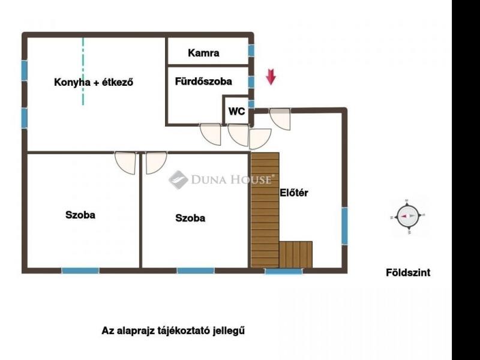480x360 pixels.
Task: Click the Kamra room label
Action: click(x=203, y=53)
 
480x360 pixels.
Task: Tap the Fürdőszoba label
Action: click(x=203, y=82)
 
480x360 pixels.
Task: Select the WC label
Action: click(x=236, y=111)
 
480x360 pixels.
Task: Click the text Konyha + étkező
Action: click(x=93, y=83)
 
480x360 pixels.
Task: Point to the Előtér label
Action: click(x=294, y=193)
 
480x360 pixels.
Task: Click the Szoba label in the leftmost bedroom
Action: click(x=80, y=215)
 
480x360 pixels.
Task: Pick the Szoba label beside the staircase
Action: click(x=190, y=218)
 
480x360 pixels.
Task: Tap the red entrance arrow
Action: click(x=271, y=77)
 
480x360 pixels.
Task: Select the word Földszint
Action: click(x=407, y=272)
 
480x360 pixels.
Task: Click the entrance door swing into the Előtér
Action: click(x=280, y=118)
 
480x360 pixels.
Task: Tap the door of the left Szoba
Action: click(x=127, y=162)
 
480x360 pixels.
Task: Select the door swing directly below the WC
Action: click(x=238, y=134)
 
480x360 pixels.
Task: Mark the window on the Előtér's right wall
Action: click(x=344, y=226)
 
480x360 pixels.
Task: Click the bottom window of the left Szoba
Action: click(x=80, y=271)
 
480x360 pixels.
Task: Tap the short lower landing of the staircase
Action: click(x=296, y=254)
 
